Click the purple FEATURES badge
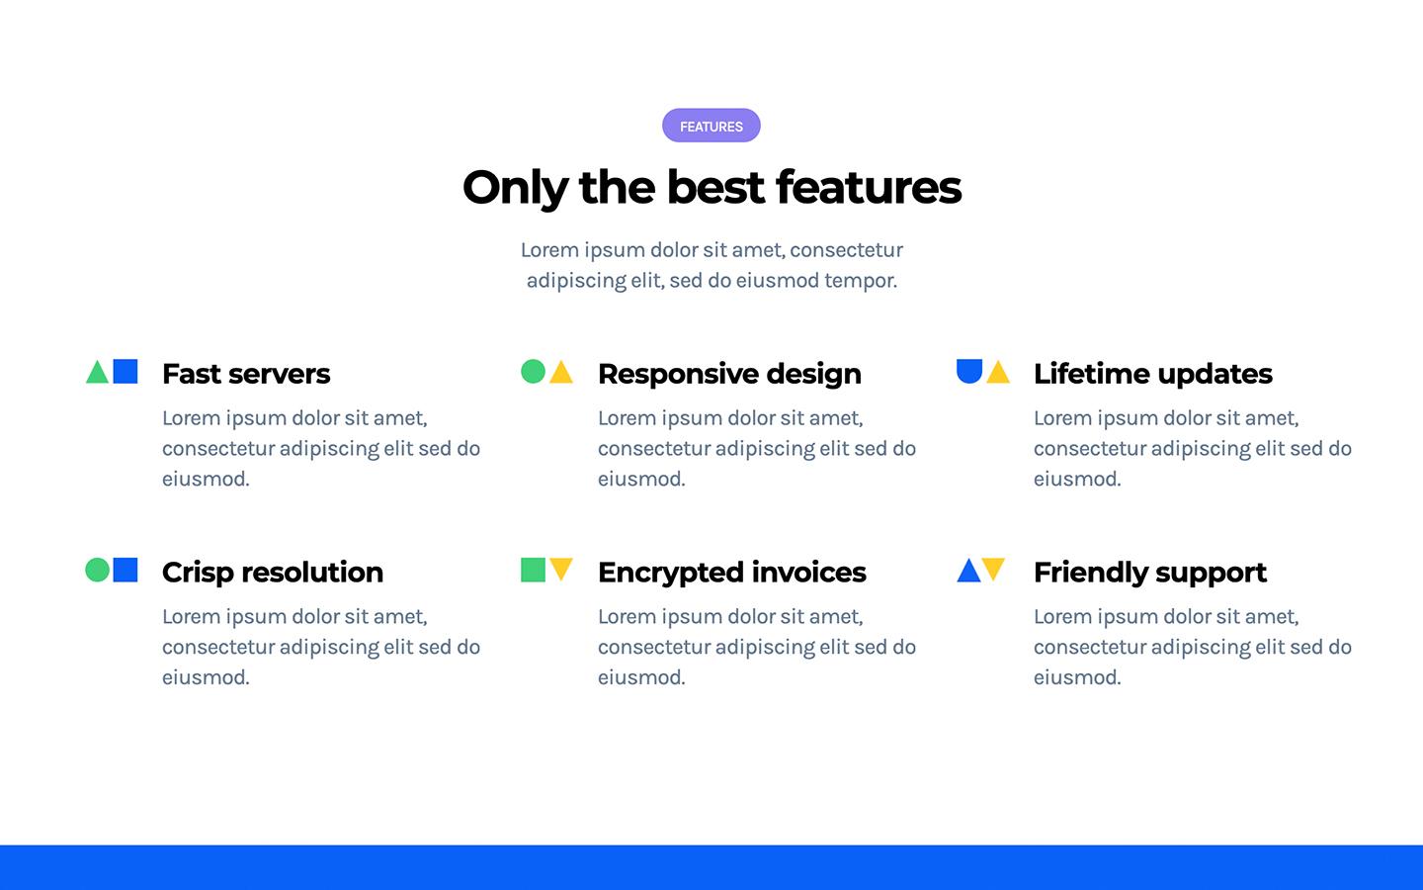pos(711,126)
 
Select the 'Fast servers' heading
pos(246,374)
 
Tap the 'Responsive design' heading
pos(729,374)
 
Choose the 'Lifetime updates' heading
pos(1152,374)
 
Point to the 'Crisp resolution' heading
pos(272,573)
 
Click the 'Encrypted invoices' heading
pos(731,573)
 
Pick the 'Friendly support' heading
pos(1149,573)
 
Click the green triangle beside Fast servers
pos(97,374)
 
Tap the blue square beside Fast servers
pos(126,371)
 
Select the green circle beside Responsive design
pos(533,371)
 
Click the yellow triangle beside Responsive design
pos(561,374)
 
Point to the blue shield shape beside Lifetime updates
pos(969,370)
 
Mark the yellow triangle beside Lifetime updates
pos(998,374)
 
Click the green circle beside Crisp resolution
pos(97,570)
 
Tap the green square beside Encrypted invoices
pos(533,570)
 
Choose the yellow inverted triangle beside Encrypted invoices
pos(561,568)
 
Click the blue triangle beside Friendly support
pos(968,573)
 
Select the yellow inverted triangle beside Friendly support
pos(994,568)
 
